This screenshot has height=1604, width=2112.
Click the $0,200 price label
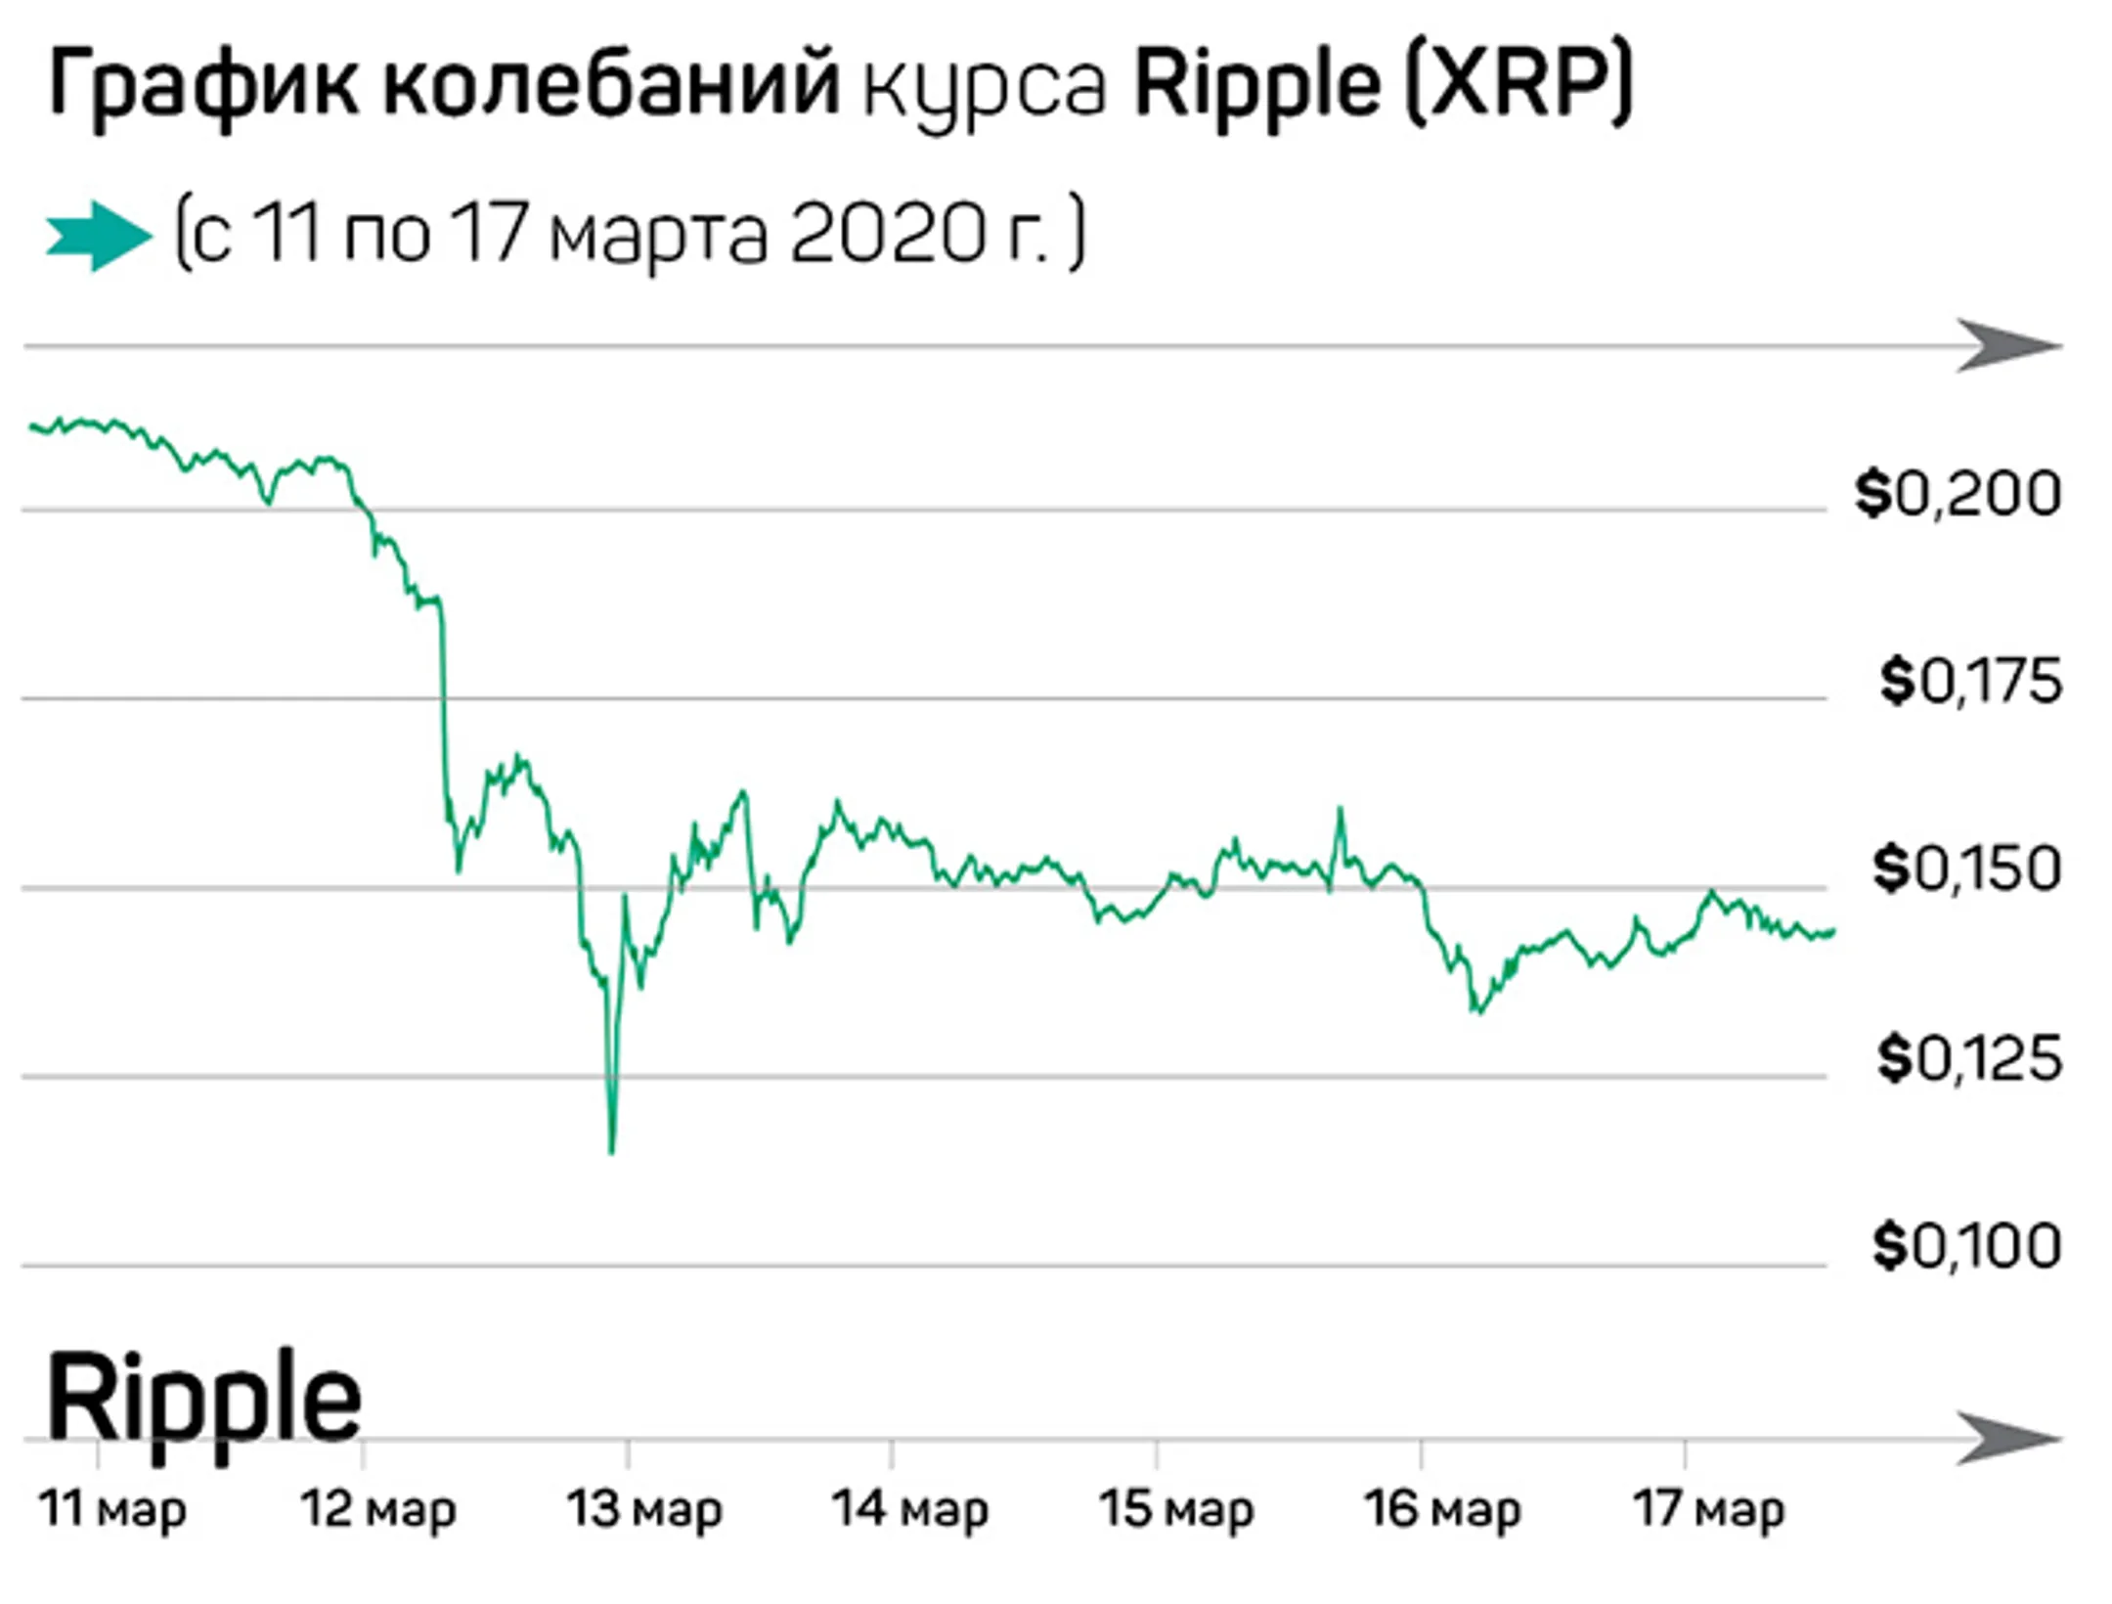1958,494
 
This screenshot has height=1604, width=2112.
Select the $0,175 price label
1969,682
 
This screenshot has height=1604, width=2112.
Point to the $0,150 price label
1966,869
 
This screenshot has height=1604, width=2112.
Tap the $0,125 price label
1968,1058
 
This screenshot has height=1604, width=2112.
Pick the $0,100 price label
1966,1246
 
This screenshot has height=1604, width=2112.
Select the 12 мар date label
378,1509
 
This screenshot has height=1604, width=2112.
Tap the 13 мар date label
644,1509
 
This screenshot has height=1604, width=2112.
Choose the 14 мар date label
910,1509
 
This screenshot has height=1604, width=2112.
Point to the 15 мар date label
1176,1509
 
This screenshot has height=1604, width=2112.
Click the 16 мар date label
1442,1509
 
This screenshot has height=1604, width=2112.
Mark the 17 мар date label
1708,1509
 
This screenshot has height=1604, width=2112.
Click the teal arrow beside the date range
99,236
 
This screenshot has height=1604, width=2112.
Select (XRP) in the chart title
1518,84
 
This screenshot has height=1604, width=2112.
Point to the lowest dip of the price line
612,1151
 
